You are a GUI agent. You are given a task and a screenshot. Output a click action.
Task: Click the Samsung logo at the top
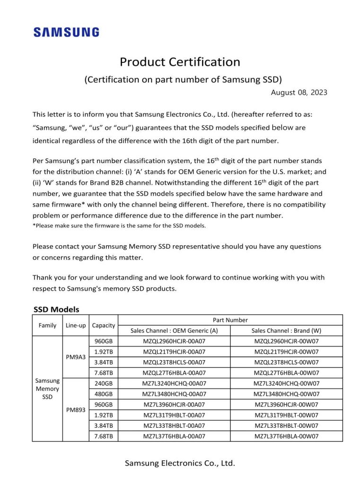(66, 32)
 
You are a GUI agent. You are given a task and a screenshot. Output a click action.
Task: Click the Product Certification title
(180, 62)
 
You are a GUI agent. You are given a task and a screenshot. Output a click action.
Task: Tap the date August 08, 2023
(299, 93)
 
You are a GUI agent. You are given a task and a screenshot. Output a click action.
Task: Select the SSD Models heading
(56, 310)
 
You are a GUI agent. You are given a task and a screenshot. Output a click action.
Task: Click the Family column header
(47, 325)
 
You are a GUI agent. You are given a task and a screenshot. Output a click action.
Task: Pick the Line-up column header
(76, 325)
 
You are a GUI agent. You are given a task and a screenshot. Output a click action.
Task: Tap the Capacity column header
(104, 325)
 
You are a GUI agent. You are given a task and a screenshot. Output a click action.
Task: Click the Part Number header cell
(230, 320)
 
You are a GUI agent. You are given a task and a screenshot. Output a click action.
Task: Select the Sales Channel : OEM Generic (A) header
(174, 330)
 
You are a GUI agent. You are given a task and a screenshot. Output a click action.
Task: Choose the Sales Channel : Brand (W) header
(286, 330)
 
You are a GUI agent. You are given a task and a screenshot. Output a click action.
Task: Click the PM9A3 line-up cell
(76, 357)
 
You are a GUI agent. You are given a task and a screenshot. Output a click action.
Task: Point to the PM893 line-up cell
(76, 410)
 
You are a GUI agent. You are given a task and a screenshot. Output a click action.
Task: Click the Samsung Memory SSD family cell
(47, 389)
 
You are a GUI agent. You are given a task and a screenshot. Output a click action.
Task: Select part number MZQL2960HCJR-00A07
(174, 341)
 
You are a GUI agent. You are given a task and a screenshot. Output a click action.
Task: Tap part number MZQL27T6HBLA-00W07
(286, 373)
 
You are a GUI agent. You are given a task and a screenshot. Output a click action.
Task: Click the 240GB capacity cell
(104, 383)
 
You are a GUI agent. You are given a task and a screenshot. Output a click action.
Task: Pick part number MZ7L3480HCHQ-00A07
(174, 394)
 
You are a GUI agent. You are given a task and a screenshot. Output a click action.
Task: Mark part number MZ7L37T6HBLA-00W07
(286, 436)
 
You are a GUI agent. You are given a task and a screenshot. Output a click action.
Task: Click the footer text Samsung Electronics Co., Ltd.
(180, 463)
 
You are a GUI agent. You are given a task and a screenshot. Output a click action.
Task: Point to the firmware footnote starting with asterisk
(119, 225)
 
